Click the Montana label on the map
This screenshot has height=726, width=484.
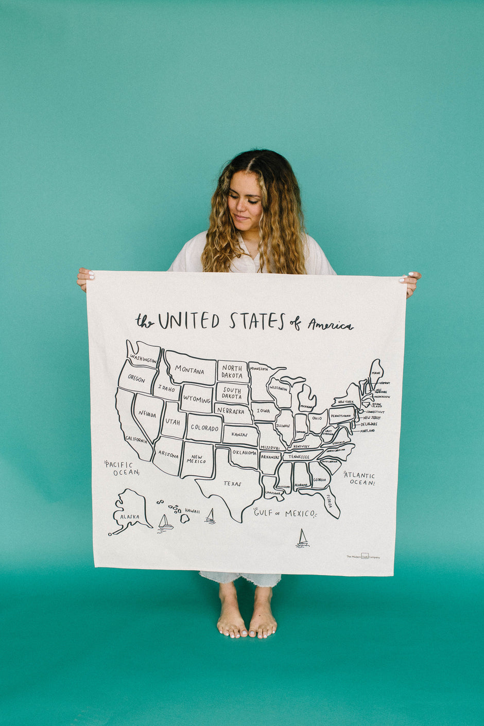click(x=189, y=369)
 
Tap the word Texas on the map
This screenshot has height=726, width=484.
click(x=232, y=483)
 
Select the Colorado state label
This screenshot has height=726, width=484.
click(x=204, y=428)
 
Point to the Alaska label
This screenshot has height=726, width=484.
click(x=129, y=516)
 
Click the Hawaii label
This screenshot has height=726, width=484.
click(x=192, y=511)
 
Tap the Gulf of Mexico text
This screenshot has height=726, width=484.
click(x=284, y=513)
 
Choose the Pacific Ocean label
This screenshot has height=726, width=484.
click(x=122, y=468)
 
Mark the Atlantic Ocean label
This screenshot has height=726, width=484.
click(x=359, y=478)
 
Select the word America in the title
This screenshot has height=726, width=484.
click(x=330, y=324)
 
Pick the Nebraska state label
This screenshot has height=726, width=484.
click(x=231, y=411)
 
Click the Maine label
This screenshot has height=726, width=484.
click(x=376, y=373)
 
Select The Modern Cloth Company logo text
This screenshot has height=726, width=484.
click(x=363, y=557)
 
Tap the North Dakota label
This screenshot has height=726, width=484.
click(x=232, y=372)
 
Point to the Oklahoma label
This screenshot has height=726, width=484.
click(x=244, y=453)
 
